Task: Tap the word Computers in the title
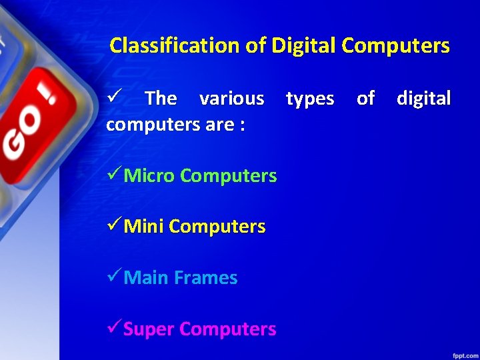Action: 395,46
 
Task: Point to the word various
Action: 231,99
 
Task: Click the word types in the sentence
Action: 310,99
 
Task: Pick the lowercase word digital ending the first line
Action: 423,99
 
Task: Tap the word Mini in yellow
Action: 144,227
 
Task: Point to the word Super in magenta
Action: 149,329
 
